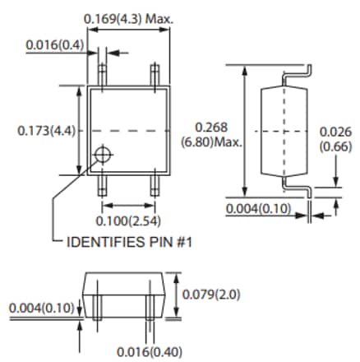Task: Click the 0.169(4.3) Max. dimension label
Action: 135,17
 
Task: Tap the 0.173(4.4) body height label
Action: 46,129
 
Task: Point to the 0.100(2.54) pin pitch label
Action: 127,220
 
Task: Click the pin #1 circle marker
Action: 103,155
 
